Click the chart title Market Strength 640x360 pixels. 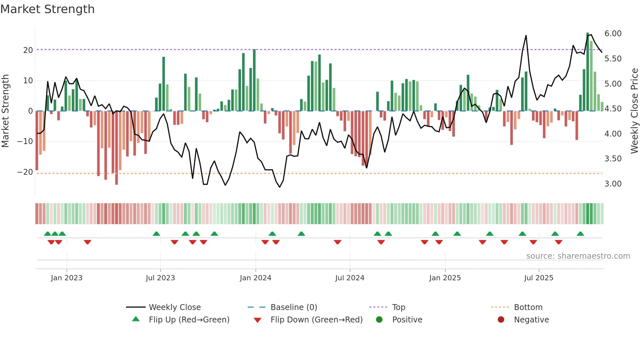(48, 9)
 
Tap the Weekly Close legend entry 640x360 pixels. (174, 307)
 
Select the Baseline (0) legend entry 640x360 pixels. (294, 307)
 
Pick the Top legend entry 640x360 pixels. (398, 307)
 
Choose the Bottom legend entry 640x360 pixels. (528, 307)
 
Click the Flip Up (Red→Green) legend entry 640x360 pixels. (189, 320)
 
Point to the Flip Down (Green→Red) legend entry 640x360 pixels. (316, 320)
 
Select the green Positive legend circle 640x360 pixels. (379, 320)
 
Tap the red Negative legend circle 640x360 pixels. (501, 320)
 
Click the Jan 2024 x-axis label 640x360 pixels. (255, 278)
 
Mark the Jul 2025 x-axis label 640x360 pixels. (538, 278)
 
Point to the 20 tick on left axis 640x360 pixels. (28, 50)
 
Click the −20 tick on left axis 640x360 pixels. (25, 172)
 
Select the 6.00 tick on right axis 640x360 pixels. (613, 34)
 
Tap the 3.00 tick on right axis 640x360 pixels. (613, 184)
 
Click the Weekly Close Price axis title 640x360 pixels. (634, 111)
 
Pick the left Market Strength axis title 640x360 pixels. (5, 111)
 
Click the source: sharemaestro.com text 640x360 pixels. (578, 256)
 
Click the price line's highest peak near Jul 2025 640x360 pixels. (526, 36)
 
